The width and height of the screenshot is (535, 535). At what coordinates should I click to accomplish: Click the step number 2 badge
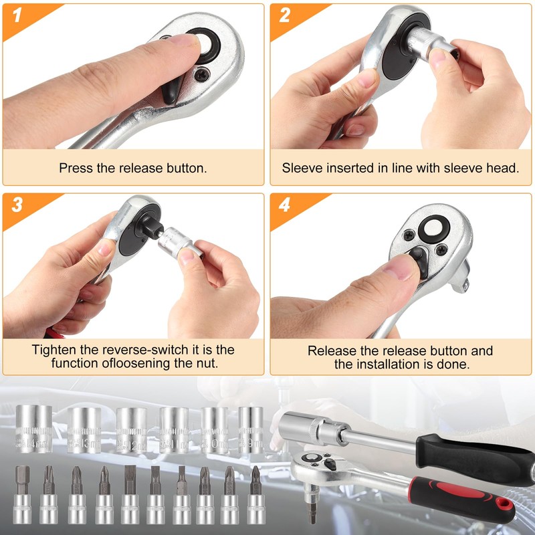(284, 15)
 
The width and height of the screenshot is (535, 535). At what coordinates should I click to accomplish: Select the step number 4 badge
(284, 205)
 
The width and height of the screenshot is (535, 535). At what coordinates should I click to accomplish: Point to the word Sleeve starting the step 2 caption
(302, 169)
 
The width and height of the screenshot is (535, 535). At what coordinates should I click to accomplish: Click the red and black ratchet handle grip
(461, 498)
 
